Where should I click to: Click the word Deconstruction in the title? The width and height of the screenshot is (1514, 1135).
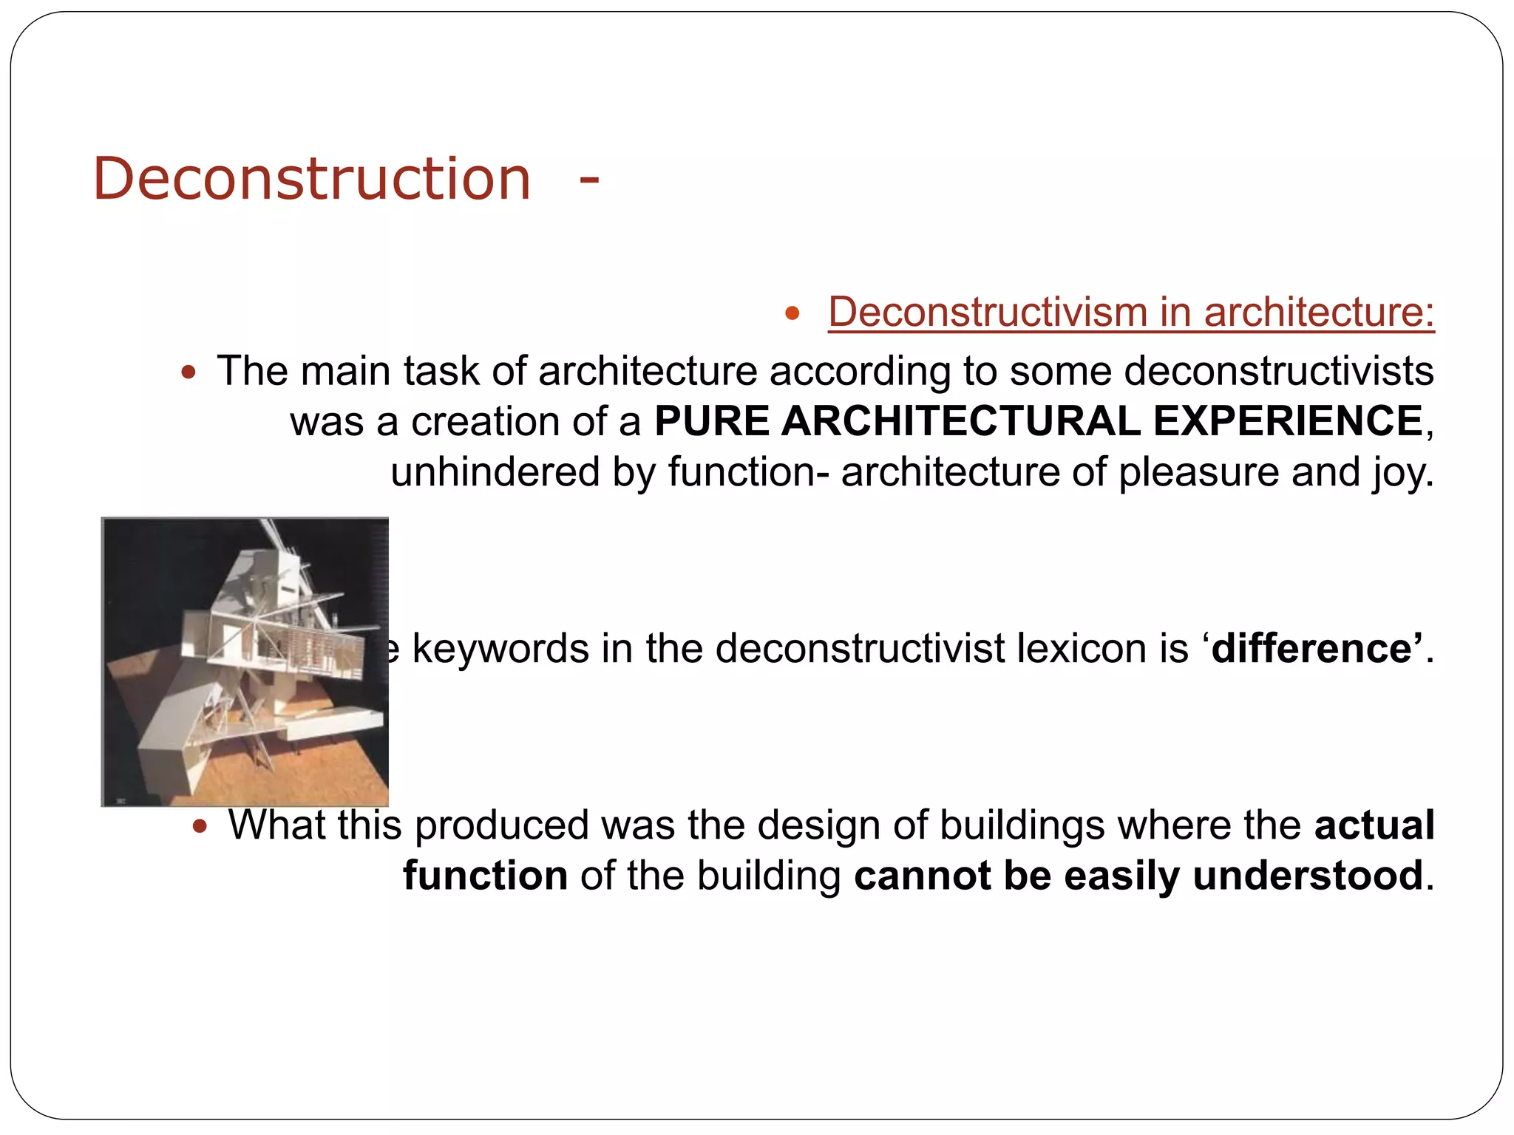click(311, 179)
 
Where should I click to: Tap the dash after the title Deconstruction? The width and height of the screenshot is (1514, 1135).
click(588, 180)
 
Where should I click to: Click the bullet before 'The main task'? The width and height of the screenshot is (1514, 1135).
click(189, 372)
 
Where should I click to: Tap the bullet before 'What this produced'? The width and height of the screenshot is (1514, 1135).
click(200, 826)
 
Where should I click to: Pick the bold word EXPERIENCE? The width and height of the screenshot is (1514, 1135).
click(1288, 421)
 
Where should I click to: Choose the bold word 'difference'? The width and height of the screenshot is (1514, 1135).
click(1312, 649)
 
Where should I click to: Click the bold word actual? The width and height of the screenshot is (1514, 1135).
click(1374, 825)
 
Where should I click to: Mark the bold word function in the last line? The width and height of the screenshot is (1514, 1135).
click(485, 876)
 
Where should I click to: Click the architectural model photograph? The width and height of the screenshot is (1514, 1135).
click(245, 661)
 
